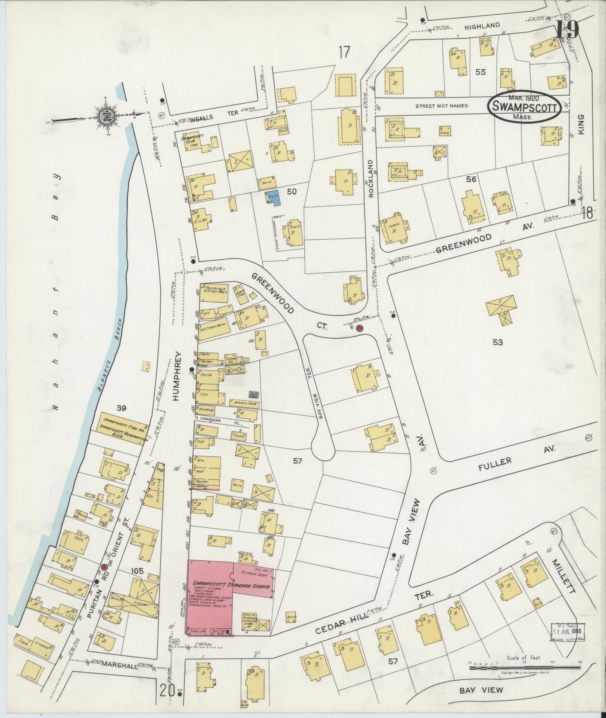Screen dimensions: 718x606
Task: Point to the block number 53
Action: tap(498, 342)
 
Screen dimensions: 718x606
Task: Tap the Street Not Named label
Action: tap(441, 106)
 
